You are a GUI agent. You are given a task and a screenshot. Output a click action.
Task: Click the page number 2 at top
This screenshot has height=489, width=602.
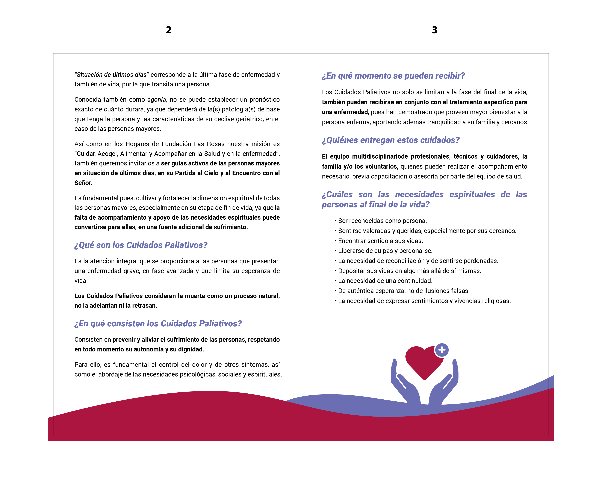pos(169,30)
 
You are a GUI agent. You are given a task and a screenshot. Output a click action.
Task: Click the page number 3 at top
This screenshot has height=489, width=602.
pos(434,30)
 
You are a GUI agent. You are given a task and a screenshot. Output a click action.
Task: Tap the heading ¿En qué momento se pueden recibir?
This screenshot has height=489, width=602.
pos(393,76)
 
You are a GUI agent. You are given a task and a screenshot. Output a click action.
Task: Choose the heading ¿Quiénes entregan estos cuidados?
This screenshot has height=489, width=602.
pos(391,140)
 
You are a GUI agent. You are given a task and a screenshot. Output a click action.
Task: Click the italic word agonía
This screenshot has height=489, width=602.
pos(156,100)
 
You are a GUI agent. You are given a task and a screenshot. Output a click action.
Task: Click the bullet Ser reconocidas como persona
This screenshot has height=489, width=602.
pos(382,221)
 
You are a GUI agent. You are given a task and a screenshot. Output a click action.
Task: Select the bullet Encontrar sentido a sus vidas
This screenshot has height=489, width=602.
pos(380,241)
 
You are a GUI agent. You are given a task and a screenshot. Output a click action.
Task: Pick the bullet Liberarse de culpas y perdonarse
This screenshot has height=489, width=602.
pos(385,251)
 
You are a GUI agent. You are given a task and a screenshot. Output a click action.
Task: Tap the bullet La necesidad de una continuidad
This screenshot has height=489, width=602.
pos(385,281)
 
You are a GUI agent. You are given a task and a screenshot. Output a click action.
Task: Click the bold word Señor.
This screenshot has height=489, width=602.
pos(83,183)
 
